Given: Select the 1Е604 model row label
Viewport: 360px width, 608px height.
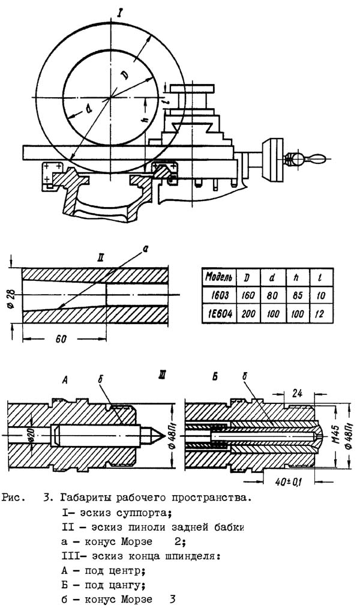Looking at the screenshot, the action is click(218, 313).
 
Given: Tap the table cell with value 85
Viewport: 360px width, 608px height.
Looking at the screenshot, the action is click(297, 295).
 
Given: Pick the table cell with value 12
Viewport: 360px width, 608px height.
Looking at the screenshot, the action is click(319, 313).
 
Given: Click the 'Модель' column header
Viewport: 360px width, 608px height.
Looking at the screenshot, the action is click(218, 277).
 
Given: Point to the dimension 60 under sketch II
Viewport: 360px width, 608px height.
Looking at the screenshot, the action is click(61, 339).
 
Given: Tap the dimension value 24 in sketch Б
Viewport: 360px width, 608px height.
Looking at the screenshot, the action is click(296, 393).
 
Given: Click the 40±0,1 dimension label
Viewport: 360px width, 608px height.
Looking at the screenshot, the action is click(288, 482).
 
